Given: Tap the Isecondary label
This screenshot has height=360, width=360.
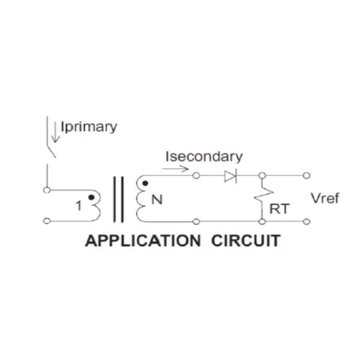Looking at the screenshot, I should coord(204,157).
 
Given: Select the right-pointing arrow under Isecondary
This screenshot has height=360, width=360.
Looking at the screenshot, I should coord(175,169).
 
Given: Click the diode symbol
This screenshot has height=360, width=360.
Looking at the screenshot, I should coord(230,176).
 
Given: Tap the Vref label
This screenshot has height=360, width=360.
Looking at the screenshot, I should coord(325,199).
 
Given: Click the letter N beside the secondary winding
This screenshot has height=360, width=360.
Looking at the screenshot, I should coord(157,200).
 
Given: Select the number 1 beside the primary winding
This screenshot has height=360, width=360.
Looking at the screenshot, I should coord(79,206).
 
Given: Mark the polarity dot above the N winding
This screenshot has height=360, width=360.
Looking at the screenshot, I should coord(143,183).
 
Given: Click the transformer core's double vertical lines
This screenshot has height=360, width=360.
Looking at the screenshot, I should coord(119,199).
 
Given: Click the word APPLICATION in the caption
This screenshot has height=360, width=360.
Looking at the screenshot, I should coord(143,241).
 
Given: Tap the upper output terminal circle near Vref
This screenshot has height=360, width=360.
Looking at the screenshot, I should coord(307,176).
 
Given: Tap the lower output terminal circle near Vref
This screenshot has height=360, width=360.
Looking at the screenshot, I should coord(307,221).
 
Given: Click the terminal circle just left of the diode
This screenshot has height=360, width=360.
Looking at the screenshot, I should coord(197,176).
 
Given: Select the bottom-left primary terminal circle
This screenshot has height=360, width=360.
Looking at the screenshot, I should coord(46,221).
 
